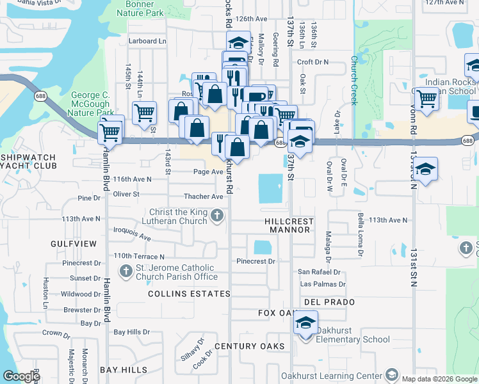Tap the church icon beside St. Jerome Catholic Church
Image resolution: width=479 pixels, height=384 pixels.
click(126, 272)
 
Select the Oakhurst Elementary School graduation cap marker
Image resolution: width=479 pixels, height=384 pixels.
click(305, 324)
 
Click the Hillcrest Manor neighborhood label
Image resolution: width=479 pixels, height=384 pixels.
click(289, 225)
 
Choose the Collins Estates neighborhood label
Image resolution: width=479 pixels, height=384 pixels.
click(189, 294)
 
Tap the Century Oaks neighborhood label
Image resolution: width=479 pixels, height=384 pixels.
click(249, 346)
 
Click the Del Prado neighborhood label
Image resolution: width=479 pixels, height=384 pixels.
click(321, 301)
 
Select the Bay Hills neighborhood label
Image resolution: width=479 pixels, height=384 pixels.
click(124, 371)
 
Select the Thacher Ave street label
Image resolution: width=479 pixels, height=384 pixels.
click(203, 196)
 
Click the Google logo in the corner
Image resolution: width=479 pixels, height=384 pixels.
click(22, 376)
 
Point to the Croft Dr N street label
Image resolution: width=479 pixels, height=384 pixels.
click(313, 62)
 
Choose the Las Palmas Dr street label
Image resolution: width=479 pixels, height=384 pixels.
click(323, 284)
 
